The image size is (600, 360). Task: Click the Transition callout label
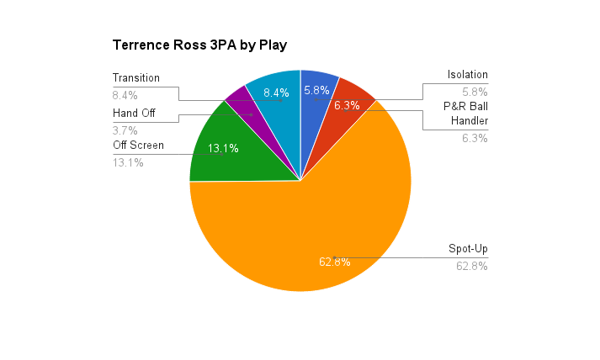(x=136, y=77)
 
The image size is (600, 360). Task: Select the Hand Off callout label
(x=134, y=113)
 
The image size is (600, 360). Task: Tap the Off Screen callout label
(x=138, y=145)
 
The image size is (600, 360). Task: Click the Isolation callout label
(x=467, y=74)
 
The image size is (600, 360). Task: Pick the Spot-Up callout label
(x=467, y=249)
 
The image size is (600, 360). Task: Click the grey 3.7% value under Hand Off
(x=125, y=130)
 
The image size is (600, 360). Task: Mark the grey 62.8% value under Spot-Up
(x=472, y=267)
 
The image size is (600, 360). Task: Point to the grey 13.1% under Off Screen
(x=128, y=162)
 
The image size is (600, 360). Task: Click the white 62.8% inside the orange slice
(x=334, y=262)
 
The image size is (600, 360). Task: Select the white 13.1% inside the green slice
(x=223, y=148)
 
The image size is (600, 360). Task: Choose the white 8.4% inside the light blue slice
(x=276, y=93)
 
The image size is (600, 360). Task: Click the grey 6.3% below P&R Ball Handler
(x=475, y=138)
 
